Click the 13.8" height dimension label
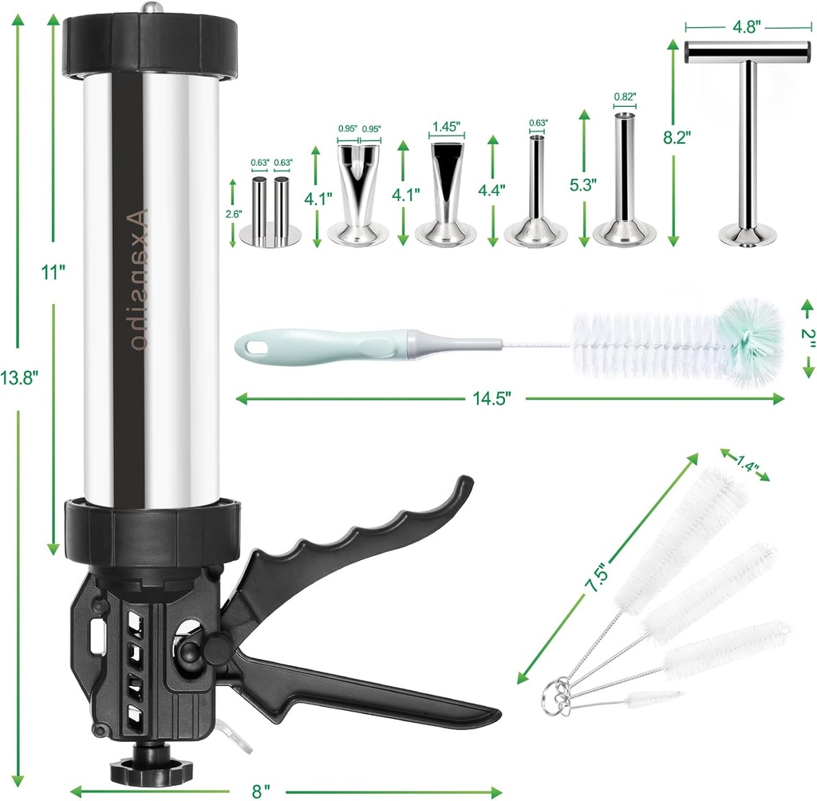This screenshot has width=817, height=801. [x=20, y=379]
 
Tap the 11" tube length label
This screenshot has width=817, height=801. [x=53, y=272]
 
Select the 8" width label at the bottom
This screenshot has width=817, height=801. [x=260, y=791]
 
